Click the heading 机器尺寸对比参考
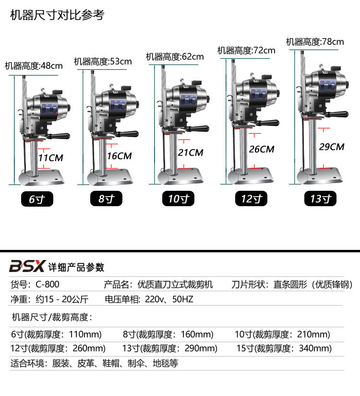tap(57, 15)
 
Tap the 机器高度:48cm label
tap(34, 66)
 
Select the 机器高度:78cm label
tap(315, 42)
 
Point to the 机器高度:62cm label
tap(175, 57)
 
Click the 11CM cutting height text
tap(50, 157)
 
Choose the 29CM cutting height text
tap(332, 147)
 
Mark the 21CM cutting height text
tap(191, 152)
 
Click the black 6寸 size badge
tap(37, 199)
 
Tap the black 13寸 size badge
tap(321, 199)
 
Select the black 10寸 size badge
tap(179, 199)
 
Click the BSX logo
tap(28, 266)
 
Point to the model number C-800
tap(48, 285)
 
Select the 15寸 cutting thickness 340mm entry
tap(284, 348)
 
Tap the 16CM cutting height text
tap(120, 156)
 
